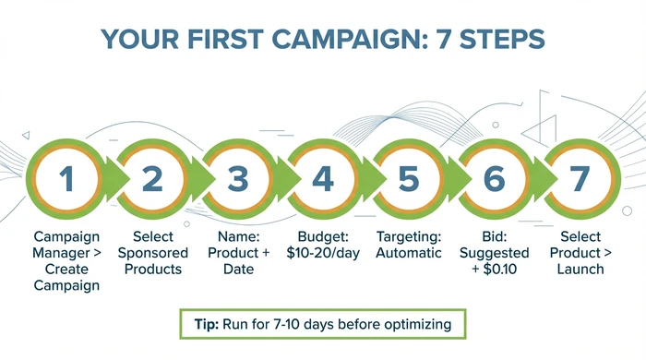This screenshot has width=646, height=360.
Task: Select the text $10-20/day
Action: click(x=322, y=252)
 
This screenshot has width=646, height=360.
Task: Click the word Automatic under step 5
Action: click(x=408, y=252)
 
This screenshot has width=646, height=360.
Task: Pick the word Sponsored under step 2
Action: click(x=152, y=252)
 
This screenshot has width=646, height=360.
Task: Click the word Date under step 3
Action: click(x=237, y=269)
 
